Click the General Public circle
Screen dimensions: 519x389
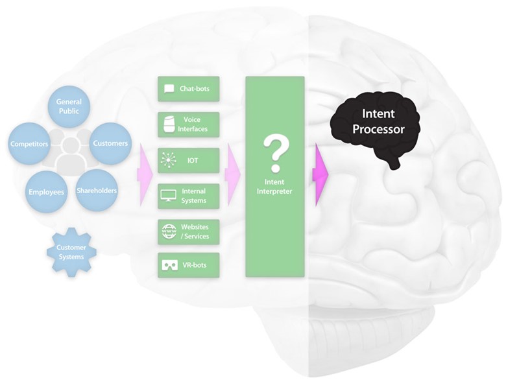(x=69, y=106)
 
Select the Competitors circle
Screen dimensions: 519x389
(x=29, y=144)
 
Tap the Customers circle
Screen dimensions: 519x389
(x=110, y=143)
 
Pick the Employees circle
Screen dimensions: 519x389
(x=46, y=192)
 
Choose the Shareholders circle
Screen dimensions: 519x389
(x=97, y=191)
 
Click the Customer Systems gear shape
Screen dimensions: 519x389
(x=71, y=252)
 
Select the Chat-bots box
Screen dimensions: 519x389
(x=188, y=89)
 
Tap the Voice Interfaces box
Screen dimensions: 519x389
(x=188, y=124)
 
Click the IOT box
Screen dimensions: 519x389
(x=188, y=160)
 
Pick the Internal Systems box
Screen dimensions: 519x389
(x=188, y=196)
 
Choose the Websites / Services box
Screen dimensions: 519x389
(x=188, y=232)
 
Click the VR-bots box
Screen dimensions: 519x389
(x=188, y=265)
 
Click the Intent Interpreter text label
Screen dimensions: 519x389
(x=274, y=187)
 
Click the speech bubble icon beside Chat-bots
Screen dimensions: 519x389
(x=169, y=89)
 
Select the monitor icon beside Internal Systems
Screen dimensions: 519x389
(x=168, y=196)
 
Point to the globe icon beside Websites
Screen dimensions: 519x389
(x=169, y=231)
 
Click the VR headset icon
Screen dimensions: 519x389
(x=170, y=265)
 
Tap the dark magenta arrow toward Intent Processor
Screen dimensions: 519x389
(x=320, y=174)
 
